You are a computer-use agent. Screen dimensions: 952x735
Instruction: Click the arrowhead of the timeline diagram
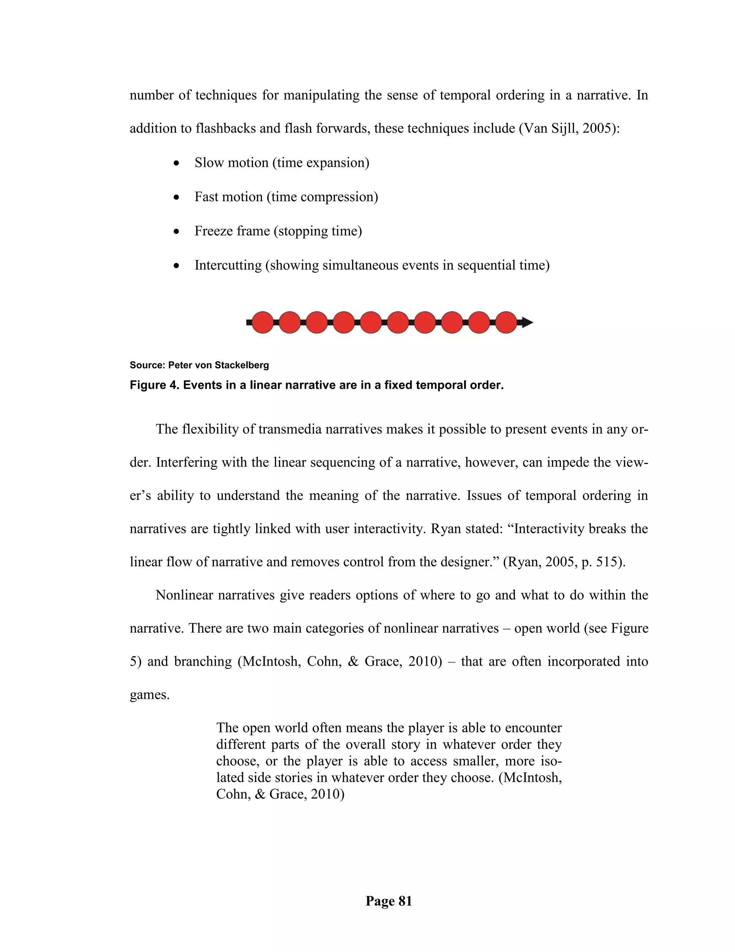click(527, 323)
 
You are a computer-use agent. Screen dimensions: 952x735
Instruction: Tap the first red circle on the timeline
click(263, 323)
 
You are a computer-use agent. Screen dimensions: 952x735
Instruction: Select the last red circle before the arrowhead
click(506, 323)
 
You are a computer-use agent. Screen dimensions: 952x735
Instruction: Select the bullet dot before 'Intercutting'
click(176, 266)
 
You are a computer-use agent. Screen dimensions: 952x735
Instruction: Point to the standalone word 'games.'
click(149, 694)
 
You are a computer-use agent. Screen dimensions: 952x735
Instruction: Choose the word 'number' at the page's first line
click(151, 95)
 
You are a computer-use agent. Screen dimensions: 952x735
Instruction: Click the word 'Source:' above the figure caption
click(147, 365)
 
